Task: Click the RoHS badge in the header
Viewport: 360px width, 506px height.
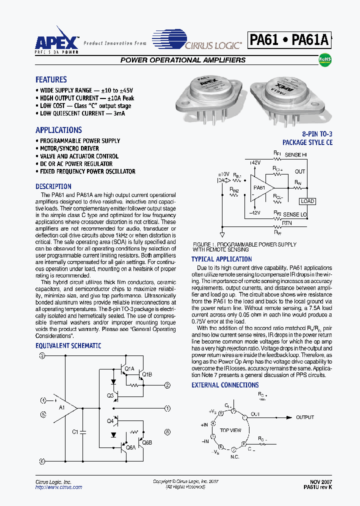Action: (325, 59)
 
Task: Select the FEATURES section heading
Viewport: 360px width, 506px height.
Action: (51, 79)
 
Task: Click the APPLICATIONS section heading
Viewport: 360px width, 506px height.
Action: (58, 130)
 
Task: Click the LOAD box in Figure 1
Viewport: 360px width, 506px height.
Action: (306, 201)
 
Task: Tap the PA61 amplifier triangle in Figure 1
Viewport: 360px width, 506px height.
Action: (260, 187)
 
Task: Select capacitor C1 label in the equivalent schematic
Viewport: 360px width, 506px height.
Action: (75, 431)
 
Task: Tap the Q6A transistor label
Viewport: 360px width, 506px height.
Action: (130, 447)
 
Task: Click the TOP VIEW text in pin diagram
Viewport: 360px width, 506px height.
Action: (230, 430)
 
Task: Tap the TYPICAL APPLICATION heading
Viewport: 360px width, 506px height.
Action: (221, 259)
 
